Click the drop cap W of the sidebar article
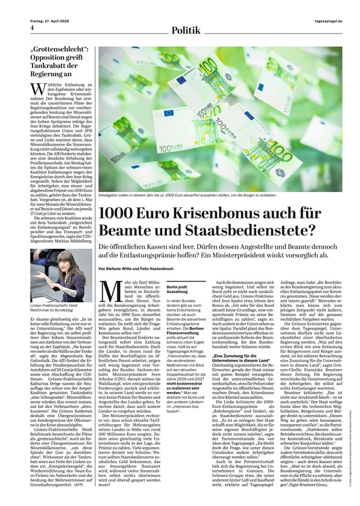(37, 88)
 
